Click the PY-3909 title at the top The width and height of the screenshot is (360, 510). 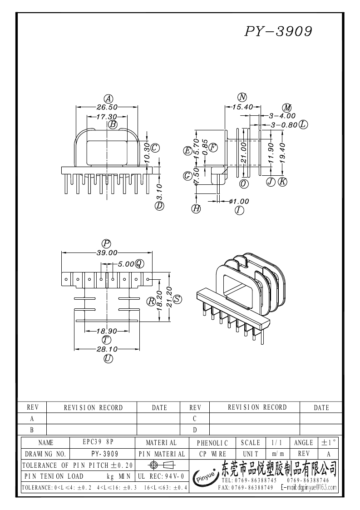279,31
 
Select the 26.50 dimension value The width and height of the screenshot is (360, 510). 107,107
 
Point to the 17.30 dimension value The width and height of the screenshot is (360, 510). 106,117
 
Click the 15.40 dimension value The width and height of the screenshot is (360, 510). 242,107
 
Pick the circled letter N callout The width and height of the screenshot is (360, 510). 242,97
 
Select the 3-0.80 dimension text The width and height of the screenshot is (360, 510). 283,124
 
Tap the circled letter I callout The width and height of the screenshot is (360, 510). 239,210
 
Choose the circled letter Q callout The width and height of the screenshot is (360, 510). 139,263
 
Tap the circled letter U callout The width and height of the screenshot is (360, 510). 108,359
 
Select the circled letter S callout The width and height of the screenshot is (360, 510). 177,299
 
